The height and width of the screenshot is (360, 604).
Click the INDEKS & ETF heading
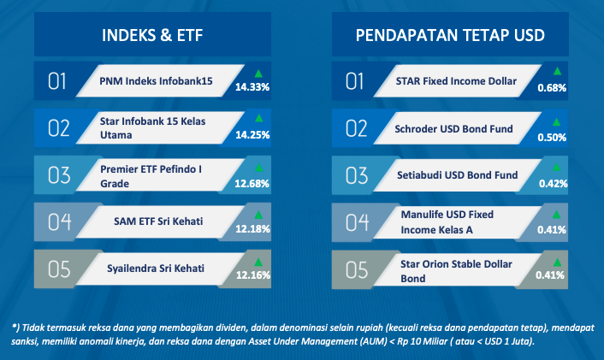coord(152,35)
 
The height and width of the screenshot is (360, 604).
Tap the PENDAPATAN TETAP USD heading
coord(450,35)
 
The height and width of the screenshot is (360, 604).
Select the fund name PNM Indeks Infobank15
coord(156,81)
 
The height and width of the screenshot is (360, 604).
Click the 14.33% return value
coord(252,87)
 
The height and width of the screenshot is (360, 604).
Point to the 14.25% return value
coord(252,135)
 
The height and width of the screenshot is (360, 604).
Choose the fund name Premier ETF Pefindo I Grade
coord(151,176)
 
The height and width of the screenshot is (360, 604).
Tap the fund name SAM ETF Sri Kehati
coord(158,221)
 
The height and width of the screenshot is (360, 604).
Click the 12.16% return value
coord(253,274)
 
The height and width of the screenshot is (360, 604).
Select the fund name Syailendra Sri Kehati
coord(156,269)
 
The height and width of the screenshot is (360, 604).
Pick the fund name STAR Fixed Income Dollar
coord(456,81)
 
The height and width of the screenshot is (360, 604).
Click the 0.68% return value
coord(552,88)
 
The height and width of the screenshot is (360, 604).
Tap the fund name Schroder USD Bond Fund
coord(453,128)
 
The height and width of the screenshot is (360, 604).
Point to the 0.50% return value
coord(552,138)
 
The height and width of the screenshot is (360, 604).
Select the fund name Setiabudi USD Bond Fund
coord(457,175)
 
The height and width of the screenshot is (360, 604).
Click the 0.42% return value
coord(554,184)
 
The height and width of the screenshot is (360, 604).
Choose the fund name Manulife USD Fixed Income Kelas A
coord(447,222)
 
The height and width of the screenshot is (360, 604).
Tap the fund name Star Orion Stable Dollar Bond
coord(456,271)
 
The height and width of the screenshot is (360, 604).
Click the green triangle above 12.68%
coord(259,168)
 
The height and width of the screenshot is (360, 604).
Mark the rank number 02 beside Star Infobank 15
coord(58,128)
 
